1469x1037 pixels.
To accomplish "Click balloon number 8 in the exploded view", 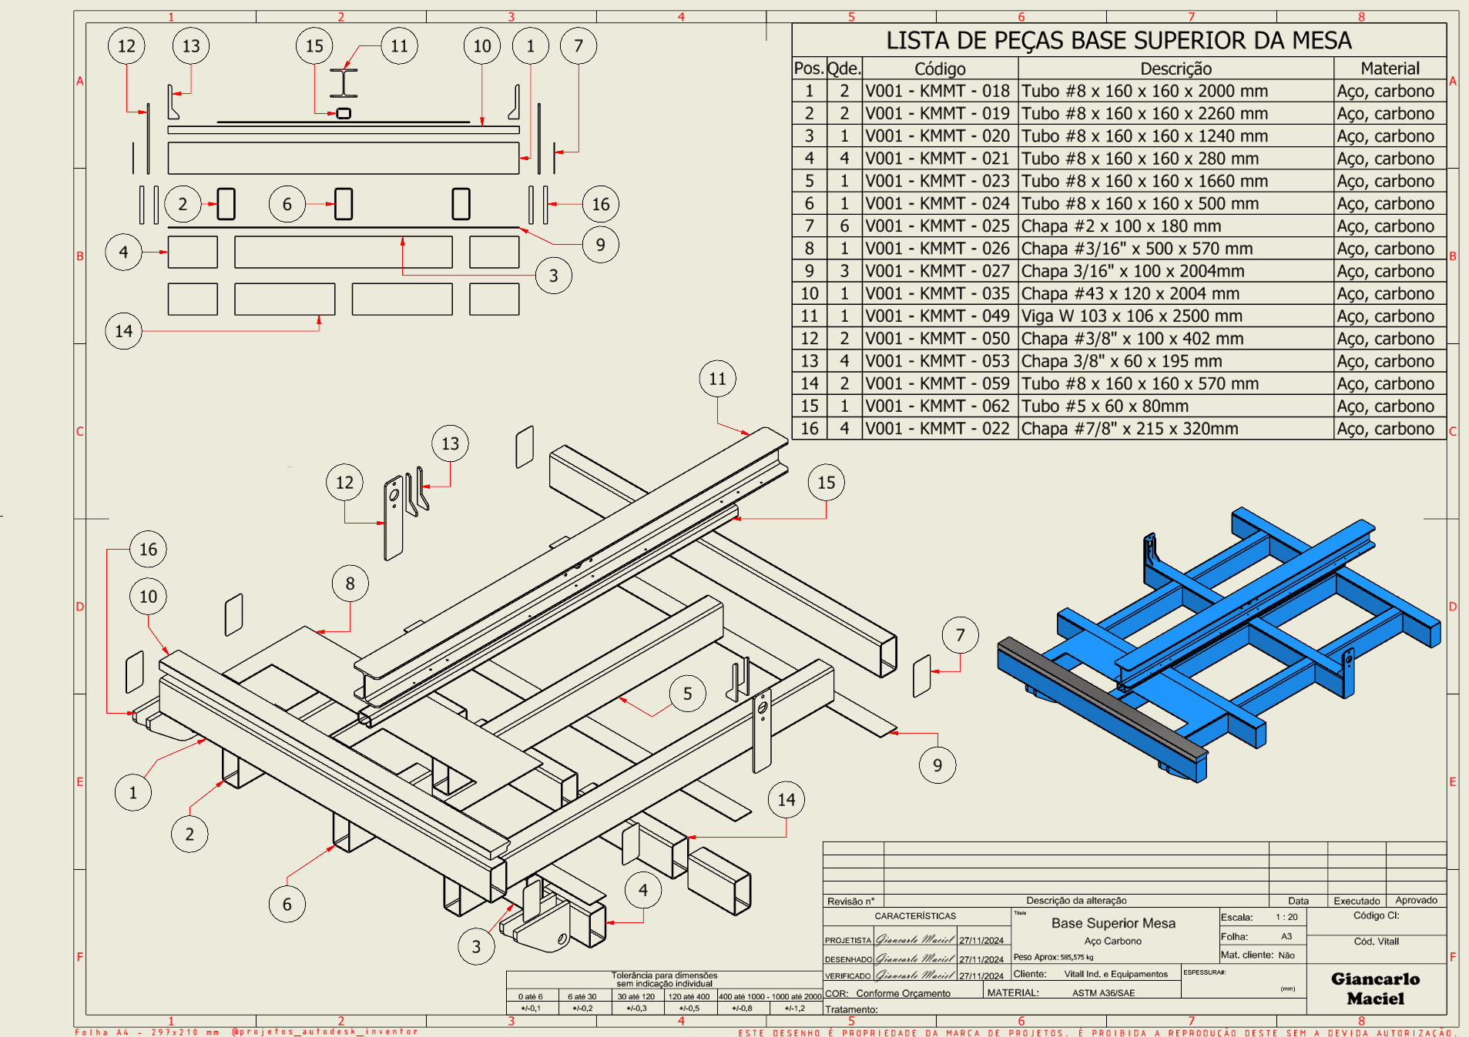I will click(350, 584).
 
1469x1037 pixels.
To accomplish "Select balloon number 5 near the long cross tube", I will click(687, 694).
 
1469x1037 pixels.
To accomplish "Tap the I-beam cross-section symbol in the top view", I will click(344, 83).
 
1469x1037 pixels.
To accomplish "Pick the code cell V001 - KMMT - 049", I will click(937, 316).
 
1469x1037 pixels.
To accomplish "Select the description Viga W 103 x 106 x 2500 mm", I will click(1132, 316).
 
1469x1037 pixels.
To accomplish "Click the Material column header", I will click(1390, 69).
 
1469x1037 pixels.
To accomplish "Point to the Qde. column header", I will click(844, 69).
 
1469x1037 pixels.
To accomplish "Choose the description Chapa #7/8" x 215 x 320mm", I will click(1129, 429).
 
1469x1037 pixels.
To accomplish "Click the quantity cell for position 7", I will click(844, 226).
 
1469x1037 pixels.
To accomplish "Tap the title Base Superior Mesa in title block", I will click(1113, 923).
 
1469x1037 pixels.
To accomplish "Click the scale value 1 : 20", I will click(1286, 917).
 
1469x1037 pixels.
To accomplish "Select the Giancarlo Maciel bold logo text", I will click(1375, 988).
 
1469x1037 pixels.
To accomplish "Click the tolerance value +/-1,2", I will click(794, 1008).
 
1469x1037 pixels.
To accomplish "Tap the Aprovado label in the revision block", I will click(1416, 900).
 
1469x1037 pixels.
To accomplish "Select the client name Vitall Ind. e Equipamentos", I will click(1115, 974).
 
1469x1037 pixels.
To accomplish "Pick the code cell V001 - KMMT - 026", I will click(937, 249).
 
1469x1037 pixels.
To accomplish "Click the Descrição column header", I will click(1176, 69).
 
